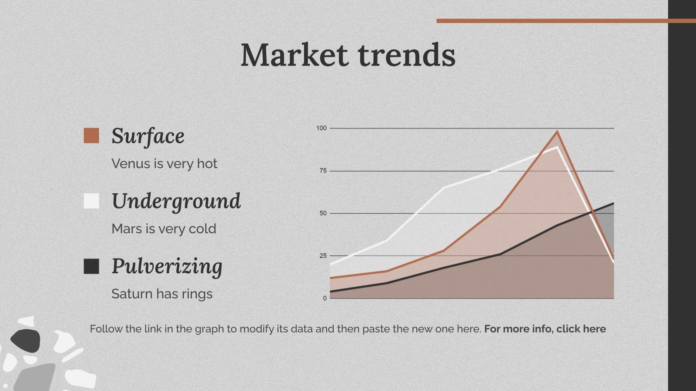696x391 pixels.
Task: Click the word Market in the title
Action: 294,55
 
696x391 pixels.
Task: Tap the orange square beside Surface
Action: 91,136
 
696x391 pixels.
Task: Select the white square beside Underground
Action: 91,201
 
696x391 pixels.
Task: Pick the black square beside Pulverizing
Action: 91,266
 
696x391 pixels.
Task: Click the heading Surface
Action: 148,136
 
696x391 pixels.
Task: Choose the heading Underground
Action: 176,202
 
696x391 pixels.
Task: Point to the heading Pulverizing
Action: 167,267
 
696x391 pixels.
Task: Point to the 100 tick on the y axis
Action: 321,128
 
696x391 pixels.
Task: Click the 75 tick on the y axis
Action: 323,171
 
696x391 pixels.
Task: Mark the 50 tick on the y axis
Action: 323,213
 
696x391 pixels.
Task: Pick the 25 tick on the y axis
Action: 323,256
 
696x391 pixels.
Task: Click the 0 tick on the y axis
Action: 325,298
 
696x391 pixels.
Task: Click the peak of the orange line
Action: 557,132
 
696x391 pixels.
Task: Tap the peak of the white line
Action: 557,147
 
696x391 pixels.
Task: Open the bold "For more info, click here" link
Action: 545,329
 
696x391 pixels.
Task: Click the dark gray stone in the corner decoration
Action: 26,341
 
